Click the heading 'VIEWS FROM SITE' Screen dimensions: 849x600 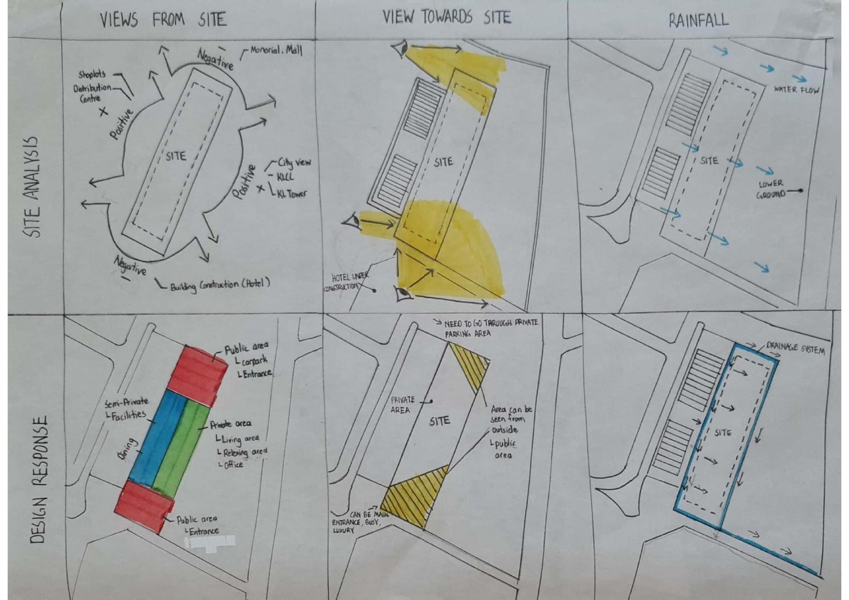(x=163, y=20)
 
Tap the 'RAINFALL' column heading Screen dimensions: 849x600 (x=699, y=20)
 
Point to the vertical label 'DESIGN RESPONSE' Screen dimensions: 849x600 (x=38, y=478)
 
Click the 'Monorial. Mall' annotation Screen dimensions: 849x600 (x=276, y=51)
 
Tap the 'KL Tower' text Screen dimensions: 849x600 (x=292, y=194)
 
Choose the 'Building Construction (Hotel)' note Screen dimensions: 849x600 (x=220, y=284)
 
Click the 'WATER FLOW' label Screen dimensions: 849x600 (x=796, y=90)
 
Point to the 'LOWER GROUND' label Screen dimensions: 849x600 (x=771, y=189)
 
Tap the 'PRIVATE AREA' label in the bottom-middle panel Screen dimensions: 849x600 (x=402, y=405)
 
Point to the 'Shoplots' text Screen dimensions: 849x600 (x=92, y=74)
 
